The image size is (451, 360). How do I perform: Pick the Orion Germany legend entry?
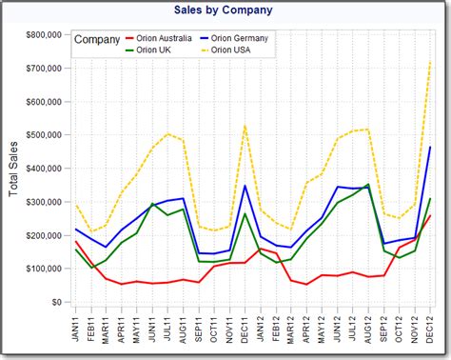pyautogui.click(x=238, y=38)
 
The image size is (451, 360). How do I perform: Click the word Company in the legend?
pyautogui.click(x=97, y=40)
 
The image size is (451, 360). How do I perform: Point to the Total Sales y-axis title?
pyautogui.click(x=13, y=169)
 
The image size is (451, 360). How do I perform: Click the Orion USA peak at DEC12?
pyautogui.click(x=429, y=63)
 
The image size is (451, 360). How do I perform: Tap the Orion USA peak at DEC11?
pyautogui.click(x=245, y=126)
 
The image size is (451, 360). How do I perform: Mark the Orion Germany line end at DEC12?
pyautogui.click(x=429, y=148)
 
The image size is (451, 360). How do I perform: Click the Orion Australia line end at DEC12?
pyautogui.click(x=429, y=215)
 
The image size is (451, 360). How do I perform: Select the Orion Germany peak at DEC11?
pyautogui.click(x=245, y=186)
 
